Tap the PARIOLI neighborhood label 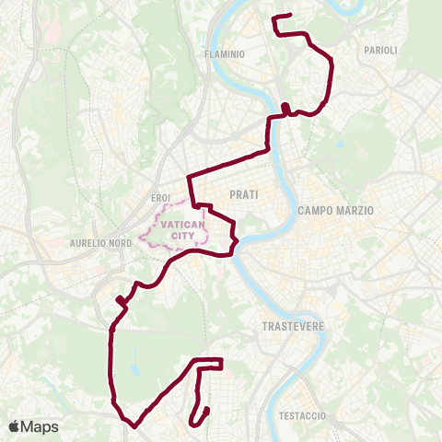pyautogui.click(x=380, y=51)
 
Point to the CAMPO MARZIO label pyautogui.click(x=335, y=211)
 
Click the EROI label pyautogui.click(x=160, y=198)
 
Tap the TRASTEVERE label pyautogui.click(x=290, y=327)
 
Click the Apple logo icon pyautogui.click(x=14, y=426)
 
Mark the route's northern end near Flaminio pyautogui.click(x=290, y=15)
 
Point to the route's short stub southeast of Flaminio pyautogui.click(x=287, y=110)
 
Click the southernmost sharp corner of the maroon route pyautogui.click(x=134, y=426)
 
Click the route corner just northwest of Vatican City pyautogui.click(x=189, y=176)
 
